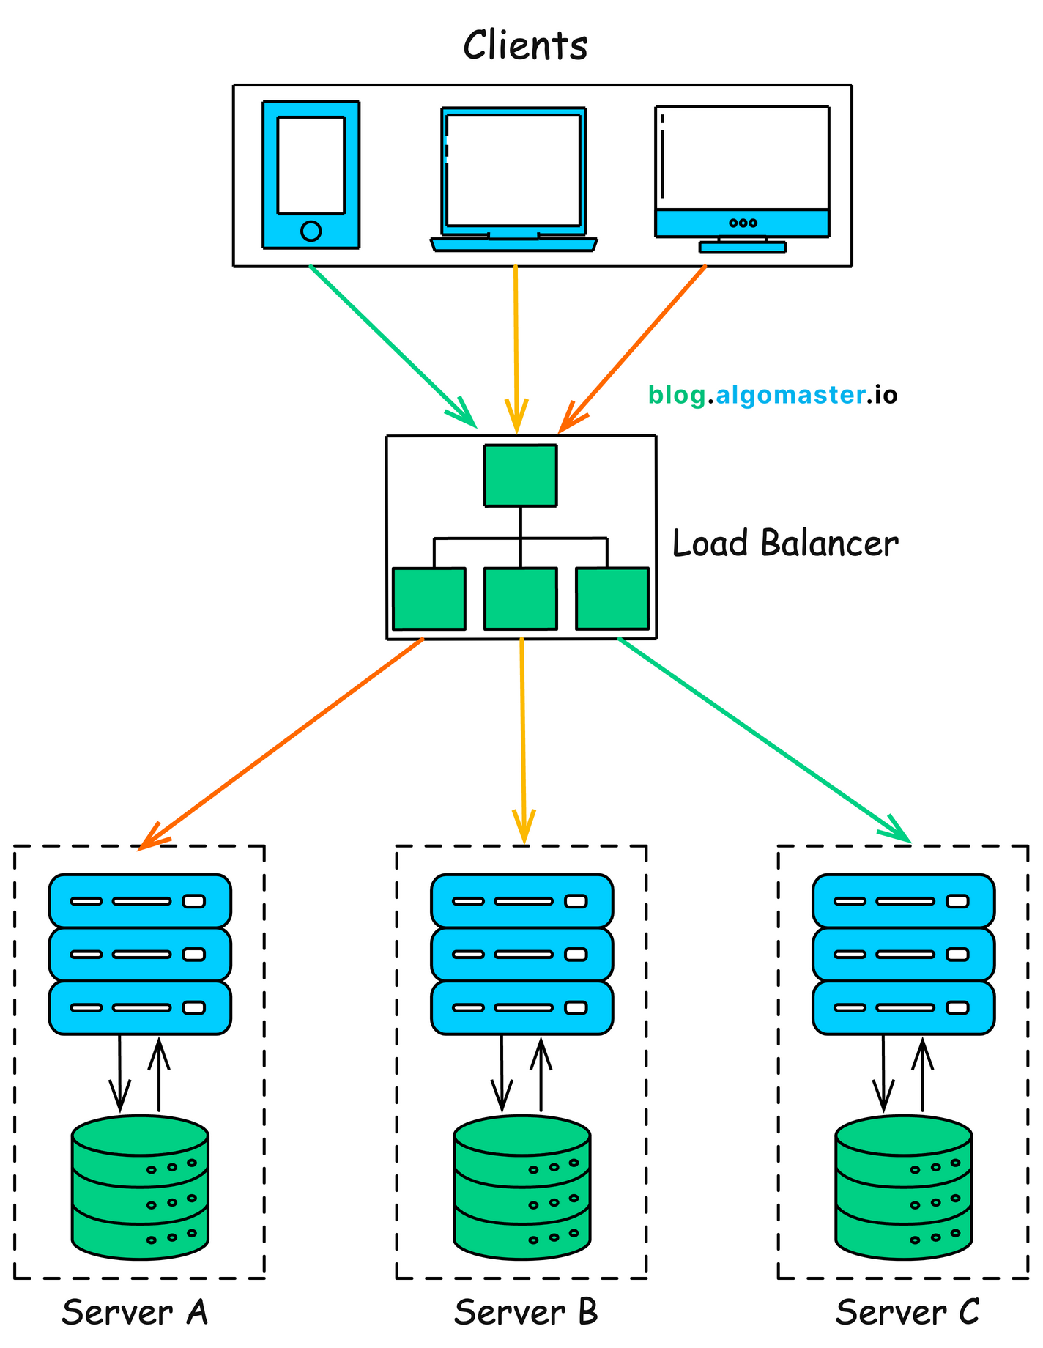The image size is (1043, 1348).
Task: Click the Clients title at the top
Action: (525, 45)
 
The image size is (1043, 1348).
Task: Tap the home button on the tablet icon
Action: (311, 231)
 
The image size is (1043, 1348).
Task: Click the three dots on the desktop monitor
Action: (743, 223)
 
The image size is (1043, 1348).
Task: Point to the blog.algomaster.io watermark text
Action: (773, 396)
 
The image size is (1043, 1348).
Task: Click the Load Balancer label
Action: (785, 544)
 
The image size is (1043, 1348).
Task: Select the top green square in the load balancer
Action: (520, 475)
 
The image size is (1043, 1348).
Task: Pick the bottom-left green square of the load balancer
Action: (429, 599)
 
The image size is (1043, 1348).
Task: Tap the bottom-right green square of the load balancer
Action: (612, 599)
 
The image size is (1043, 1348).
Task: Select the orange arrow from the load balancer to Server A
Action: (286, 740)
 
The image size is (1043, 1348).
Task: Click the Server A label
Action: (135, 1312)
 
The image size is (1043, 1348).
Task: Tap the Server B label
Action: (525, 1312)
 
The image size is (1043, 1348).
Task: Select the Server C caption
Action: (907, 1312)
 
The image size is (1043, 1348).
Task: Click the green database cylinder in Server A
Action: (140, 1188)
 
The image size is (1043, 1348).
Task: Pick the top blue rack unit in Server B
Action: (521, 901)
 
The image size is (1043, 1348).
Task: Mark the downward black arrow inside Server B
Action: (502, 1073)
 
